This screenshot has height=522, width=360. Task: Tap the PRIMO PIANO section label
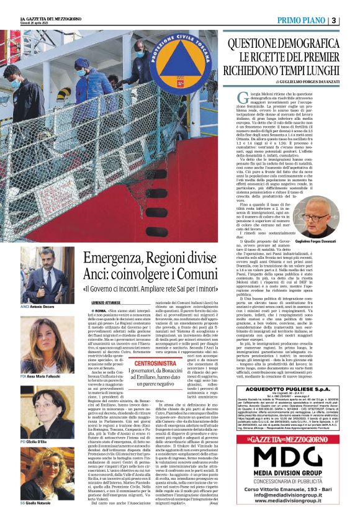(x=302, y=20)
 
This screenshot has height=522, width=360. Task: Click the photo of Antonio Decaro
(x=47, y=274)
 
